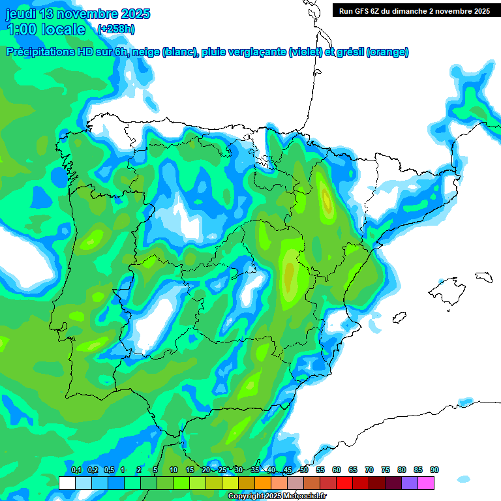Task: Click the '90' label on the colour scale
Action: click(x=434, y=470)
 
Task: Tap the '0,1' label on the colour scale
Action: click(x=76, y=470)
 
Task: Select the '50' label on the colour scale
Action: click(x=304, y=470)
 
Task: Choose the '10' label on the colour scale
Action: click(x=174, y=470)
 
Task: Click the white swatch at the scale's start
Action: click(x=67, y=483)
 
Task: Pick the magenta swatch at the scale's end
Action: click(x=426, y=483)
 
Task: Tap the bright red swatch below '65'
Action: click(x=344, y=483)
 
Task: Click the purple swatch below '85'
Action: click(x=410, y=483)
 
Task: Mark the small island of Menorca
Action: click(x=483, y=277)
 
